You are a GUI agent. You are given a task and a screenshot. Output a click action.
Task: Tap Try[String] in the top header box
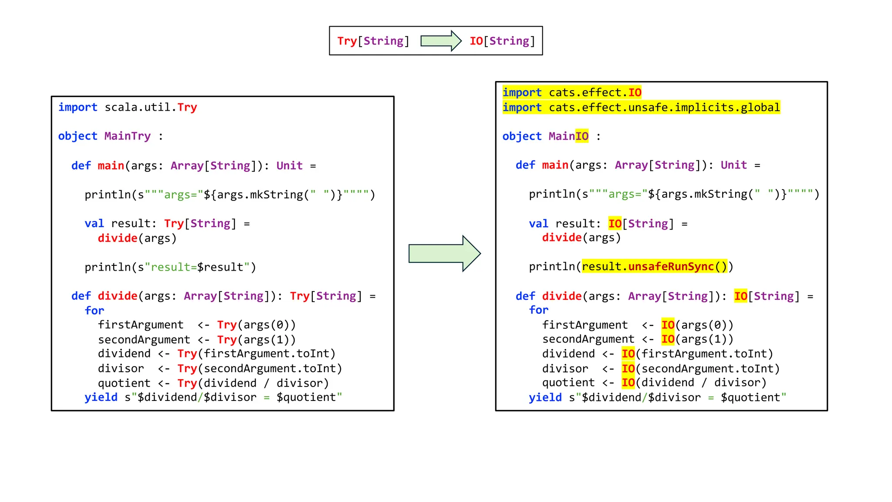pos(373,41)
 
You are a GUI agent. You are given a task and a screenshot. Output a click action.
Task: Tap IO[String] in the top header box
pos(502,41)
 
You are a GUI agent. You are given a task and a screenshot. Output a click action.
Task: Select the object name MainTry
pos(127,136)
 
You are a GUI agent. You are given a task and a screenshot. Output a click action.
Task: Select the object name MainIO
pos(568,136)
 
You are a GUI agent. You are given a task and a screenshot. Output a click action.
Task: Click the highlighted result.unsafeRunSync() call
pos(655,267)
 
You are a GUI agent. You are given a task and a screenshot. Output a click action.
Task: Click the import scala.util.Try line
pos(128,107)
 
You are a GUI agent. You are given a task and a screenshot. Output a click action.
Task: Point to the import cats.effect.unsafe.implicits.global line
pos(641,108)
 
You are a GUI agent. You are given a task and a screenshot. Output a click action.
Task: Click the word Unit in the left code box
pos(289,166)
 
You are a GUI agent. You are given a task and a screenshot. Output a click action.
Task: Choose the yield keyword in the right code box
pos(545,397)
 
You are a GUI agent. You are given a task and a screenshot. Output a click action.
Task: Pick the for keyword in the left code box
pos(95,311)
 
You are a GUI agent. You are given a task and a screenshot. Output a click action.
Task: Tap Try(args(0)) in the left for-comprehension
pos(256,325)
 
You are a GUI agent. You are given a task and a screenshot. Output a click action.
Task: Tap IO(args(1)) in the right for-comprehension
pos(697,339)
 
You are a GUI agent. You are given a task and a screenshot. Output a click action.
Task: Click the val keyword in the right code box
pos(538,224)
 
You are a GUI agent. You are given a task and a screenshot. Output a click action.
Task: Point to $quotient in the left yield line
pos(306,397)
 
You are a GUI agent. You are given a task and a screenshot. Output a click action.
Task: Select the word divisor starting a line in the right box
pos(565,369)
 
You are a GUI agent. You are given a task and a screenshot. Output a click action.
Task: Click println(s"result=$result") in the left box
pos(170,267)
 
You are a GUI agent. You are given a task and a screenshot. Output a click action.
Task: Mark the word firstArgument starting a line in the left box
pos(141,325)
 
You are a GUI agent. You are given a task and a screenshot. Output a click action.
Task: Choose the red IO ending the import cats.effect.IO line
pos(635,93)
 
